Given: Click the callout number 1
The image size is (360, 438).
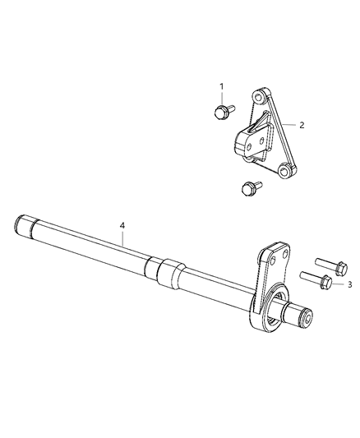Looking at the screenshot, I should pyautogui.click(x=220, y=86).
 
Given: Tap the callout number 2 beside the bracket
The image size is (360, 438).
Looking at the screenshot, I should pyautogui.click(x=302, y=126).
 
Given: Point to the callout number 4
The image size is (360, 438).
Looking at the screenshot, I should pyautogui.click(x=122, y=224).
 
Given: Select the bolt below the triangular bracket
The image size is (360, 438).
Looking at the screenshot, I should pyautogui.click(x=243, y=189).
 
